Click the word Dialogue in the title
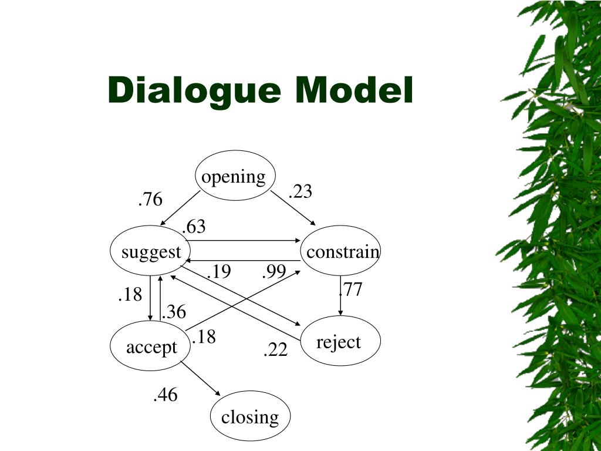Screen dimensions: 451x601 pos(196,91)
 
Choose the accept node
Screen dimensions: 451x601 pos(151,346)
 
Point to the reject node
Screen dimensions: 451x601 pos(340,341)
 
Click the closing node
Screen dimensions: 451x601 pos(251,416)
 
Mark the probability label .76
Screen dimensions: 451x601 pos(150,200)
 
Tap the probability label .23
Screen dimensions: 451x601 pos(300,191)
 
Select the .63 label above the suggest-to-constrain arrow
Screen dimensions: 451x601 pos(194,227)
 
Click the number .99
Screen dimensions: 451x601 pos(274,271)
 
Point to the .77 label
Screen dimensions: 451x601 pos(351,289)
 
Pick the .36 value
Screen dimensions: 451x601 pos(174,312)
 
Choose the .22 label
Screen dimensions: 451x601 pos(275,350)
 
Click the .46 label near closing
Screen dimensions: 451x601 pos(165,395)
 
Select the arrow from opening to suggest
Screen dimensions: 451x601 pos(181,209)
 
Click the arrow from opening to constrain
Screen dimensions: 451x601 pos(293,208)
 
